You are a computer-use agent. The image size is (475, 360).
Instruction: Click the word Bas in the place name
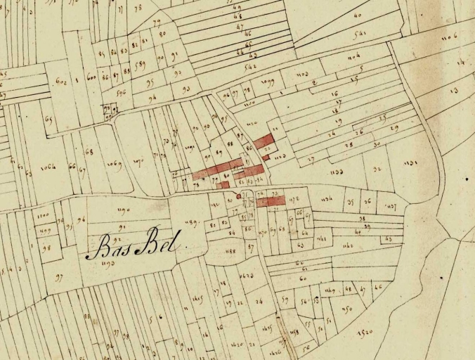pos(108,247)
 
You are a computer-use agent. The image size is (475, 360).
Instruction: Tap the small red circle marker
pos(239,196)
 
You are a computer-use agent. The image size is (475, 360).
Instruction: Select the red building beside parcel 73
pos(271,201)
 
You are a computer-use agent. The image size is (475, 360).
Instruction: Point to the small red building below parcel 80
pos(225,185)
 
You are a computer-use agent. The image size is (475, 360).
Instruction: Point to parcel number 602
pos(61,82)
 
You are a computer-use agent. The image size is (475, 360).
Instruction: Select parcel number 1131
pos(411,164)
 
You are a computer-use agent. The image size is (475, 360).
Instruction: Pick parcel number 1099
pos(267,82)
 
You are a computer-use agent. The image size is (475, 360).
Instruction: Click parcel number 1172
pos(294,200)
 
